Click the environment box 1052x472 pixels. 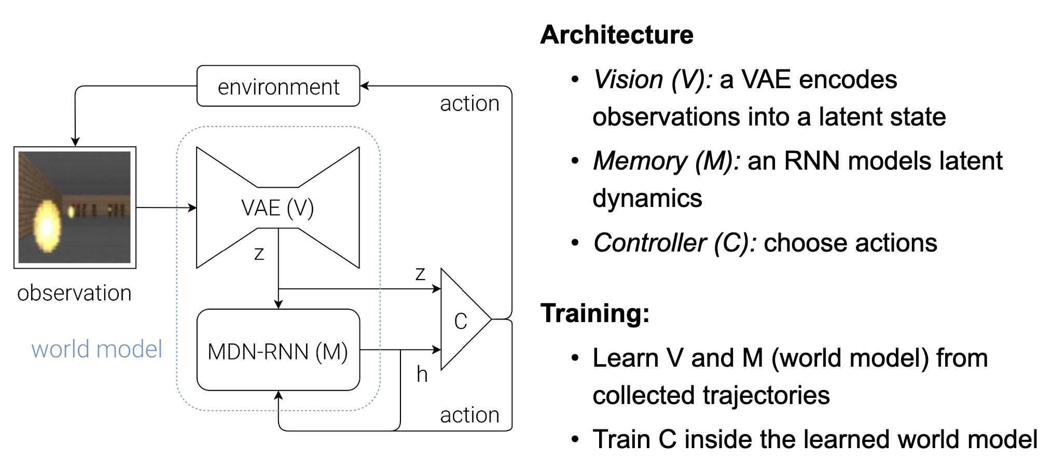coord(279,86)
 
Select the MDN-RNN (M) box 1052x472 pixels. coord(279,350)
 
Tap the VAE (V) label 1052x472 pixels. coord(278,208)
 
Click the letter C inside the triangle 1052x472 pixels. coord(461,321)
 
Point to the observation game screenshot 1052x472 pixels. coord(75,207)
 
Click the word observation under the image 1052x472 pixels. coord(74,293)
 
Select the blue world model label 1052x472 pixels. coord(97,349)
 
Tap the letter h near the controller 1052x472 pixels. coord(422,374)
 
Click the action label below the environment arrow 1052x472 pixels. coord(469,104)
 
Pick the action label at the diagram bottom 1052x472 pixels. coord(469,415)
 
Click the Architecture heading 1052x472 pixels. coord(617,35)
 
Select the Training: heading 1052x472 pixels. coord(595,313)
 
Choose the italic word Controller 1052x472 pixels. coord(650,242)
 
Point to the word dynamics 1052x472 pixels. coord(647,198)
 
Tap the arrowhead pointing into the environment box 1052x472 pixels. coord(365,86)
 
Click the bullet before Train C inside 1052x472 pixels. coord(575,439)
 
